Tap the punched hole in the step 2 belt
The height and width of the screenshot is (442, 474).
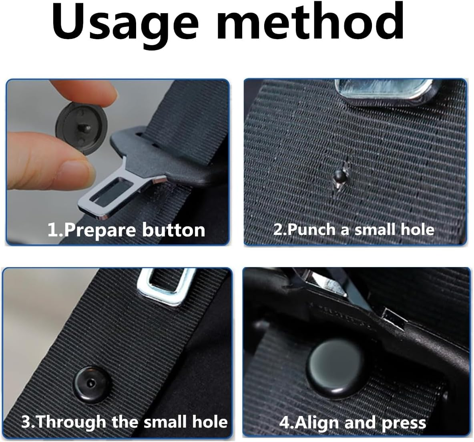(339, 176)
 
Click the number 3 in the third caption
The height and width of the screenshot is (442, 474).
(26, 422)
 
